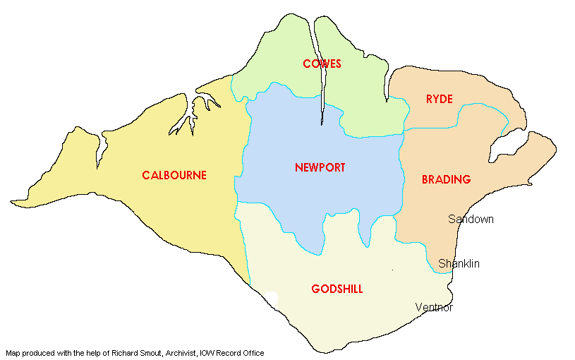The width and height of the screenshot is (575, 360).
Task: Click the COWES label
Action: coord(322,64)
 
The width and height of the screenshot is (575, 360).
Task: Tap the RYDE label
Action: coord(439,99)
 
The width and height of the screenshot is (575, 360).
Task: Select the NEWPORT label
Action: coord(320,168)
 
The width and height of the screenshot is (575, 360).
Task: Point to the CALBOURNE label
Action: coord(174,175)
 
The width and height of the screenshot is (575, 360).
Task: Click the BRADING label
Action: coord(446,180)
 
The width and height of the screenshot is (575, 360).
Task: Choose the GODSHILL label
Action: coord(337,289)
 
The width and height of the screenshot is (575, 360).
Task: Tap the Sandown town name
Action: coord(471,220)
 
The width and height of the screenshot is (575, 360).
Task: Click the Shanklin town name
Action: coord(459,264)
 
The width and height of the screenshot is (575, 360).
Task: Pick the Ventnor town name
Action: coord(434,308)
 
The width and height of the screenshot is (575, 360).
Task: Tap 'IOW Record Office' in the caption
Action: coord(232,353)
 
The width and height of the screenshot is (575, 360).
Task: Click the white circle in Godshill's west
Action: coord(272,299)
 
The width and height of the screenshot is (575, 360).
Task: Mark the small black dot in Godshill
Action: coord(392,270)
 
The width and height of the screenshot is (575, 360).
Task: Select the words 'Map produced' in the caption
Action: coord(28,353)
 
